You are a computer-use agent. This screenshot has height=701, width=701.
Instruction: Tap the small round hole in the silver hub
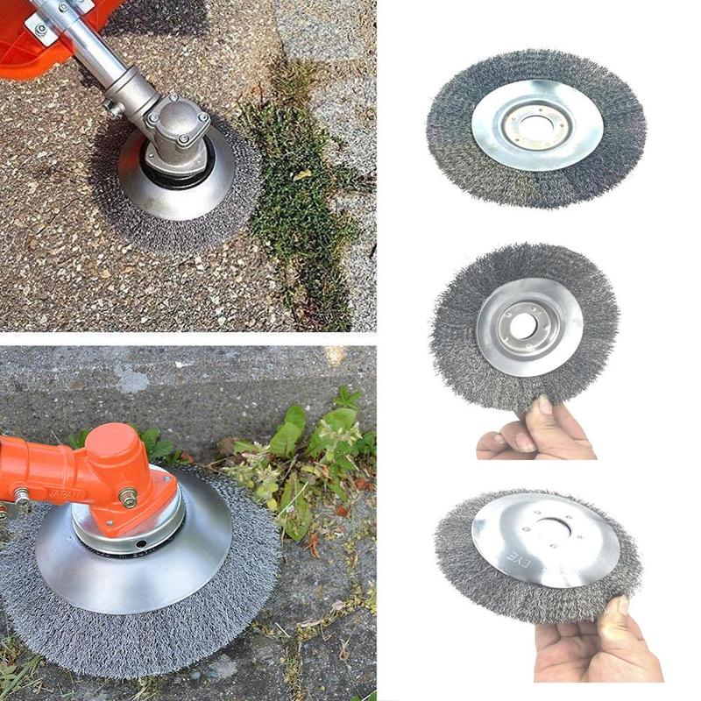coord(141,551)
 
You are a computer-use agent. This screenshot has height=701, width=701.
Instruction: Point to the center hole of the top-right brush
coord(535,123)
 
